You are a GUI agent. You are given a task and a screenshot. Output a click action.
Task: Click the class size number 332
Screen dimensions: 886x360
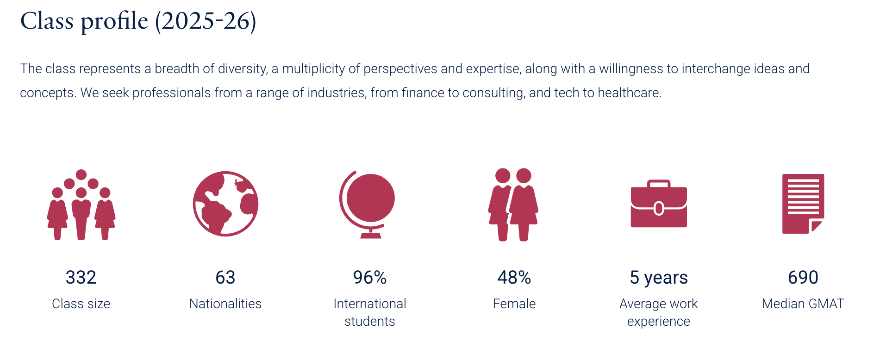tap(81, 278)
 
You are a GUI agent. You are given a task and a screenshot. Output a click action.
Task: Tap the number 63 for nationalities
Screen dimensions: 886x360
tap(225, 278)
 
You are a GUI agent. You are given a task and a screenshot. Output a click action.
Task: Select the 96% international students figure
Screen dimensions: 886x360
tap(370, 278)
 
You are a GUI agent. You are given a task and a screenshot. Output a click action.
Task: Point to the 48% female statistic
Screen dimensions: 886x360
tap(514, 278)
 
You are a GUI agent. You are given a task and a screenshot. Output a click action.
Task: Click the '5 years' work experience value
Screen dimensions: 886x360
tap(659, 278)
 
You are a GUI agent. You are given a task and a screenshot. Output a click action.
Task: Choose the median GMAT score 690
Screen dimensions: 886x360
tap(803, 278)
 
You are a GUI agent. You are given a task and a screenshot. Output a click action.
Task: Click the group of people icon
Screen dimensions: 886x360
tap(81, 205)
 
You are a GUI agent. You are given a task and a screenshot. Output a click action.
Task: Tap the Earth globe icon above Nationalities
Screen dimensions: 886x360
tap(225, 204)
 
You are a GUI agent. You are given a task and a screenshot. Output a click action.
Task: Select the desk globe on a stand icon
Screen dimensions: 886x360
tap(368, 205)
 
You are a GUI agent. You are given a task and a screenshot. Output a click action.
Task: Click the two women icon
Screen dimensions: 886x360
tap(513, 205)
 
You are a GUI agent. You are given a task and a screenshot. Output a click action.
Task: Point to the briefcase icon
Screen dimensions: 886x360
tap(659, 204)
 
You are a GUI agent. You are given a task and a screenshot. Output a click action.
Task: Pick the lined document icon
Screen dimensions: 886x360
tap(803, 204)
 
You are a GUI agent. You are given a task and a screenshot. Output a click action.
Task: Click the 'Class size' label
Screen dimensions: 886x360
tap(81, 304)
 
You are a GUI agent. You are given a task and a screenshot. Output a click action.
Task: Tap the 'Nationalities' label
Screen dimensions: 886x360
tap(225, 304)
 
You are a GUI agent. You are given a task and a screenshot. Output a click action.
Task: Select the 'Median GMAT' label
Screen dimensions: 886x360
tap(803, 304)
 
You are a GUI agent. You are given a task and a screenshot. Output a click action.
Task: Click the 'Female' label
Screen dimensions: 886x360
tap(514, 304)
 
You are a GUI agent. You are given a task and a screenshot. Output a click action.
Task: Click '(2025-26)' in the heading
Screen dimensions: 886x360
tap(206, 21)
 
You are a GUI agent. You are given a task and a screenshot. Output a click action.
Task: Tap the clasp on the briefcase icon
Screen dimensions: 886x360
tap(659, 209)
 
